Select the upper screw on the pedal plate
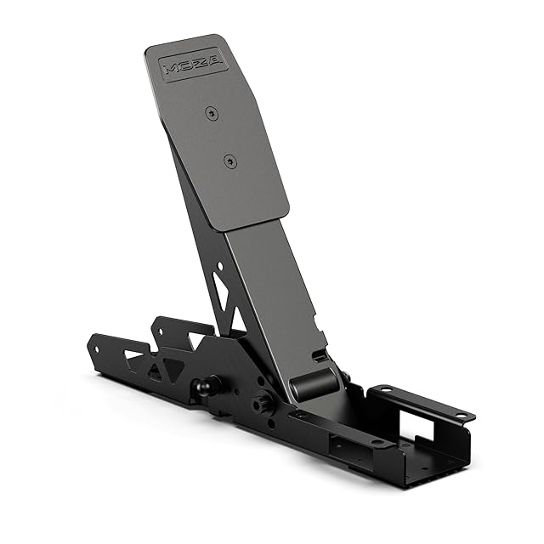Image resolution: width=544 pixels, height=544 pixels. click(210, 110)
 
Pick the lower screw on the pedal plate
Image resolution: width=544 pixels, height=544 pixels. click(229, 158)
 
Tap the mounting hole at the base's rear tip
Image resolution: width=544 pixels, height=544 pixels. click(97, 341)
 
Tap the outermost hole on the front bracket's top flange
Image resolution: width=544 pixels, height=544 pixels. click(460, 415)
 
